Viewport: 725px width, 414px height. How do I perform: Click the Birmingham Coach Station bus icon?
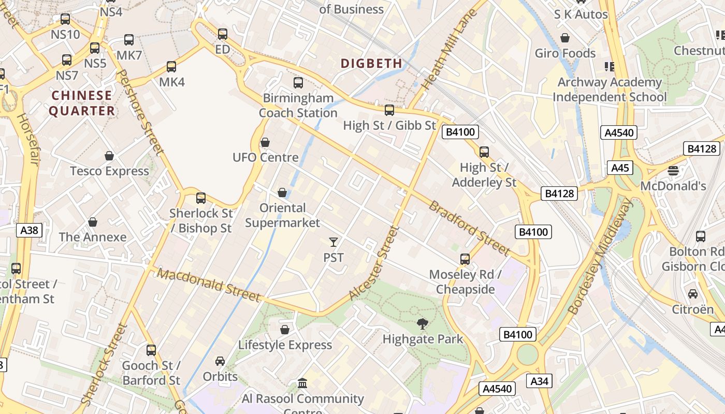click(298, 82)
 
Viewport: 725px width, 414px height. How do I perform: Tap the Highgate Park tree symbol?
click(423, 324)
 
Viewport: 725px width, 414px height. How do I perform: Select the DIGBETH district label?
click(371, 64)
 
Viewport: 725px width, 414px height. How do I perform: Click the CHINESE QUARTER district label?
click(82, 103)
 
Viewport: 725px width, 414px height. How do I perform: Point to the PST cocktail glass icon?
click(333, 242)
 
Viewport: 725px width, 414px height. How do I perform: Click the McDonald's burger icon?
click(673, 170)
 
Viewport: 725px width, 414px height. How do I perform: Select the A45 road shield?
click(620, 168)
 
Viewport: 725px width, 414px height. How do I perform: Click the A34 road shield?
click(539, 381)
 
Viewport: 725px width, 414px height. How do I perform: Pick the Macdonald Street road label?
click(209, 285)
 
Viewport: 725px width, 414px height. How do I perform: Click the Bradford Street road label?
click(469, 228)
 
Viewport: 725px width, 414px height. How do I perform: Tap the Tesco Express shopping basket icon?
click(109, 156)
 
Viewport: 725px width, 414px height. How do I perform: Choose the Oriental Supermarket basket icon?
click(282, 193)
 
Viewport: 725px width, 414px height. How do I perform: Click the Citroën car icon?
click(692, 294)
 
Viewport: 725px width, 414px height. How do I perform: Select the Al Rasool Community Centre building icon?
click(302, 383)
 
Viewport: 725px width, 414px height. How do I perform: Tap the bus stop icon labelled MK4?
click(171, 67)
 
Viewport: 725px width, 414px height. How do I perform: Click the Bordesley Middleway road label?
click(600, 257)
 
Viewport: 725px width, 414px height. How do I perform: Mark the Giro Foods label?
click(565, 53)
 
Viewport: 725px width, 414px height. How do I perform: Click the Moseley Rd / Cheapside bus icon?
click(465, 259)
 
